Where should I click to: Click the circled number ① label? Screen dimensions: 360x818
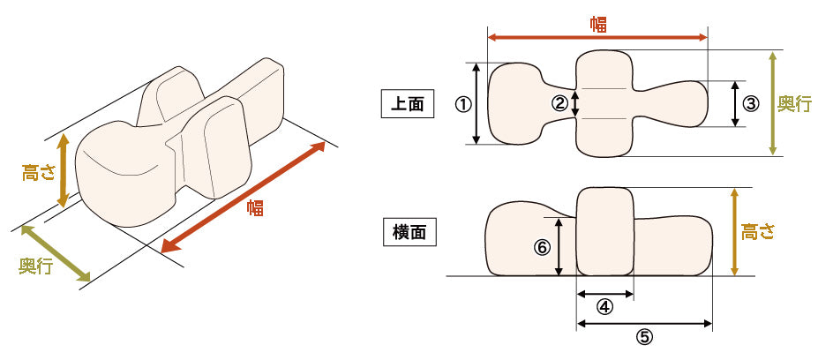[462, 103]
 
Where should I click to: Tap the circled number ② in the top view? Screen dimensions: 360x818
[559, 103]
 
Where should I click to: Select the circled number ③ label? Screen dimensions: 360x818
[751, 103]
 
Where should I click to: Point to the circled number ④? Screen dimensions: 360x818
[604, 307]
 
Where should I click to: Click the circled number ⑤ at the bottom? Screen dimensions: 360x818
[644, 336]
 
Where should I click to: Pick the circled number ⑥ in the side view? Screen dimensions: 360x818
[542, 248]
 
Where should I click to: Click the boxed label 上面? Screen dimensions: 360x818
[407, 103]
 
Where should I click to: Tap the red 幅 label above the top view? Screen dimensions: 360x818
[598, 24]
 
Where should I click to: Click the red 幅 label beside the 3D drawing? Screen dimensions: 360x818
[255, 209]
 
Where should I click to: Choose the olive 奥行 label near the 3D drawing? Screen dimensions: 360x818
[36, 266]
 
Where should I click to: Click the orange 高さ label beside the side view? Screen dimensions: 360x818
[757, 232]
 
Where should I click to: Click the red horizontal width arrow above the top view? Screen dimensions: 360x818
[547, 38]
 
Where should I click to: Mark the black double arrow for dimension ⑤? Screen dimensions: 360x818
[644, 323]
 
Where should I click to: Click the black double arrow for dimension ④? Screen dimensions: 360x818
[604, 294]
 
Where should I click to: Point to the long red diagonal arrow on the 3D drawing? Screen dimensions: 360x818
[247, 196]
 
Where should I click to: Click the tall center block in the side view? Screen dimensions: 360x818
[604, 231]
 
